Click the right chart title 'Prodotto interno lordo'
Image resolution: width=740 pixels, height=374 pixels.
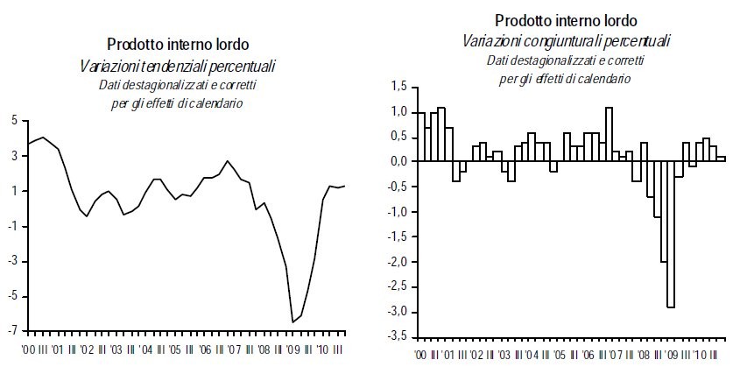point(565,19)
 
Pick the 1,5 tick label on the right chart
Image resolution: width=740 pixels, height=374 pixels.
point(398,87)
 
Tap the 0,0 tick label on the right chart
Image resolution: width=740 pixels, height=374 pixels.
point(398,162)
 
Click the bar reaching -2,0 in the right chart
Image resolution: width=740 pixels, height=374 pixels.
point(662,212)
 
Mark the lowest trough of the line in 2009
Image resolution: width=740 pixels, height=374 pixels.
point(292,322)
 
